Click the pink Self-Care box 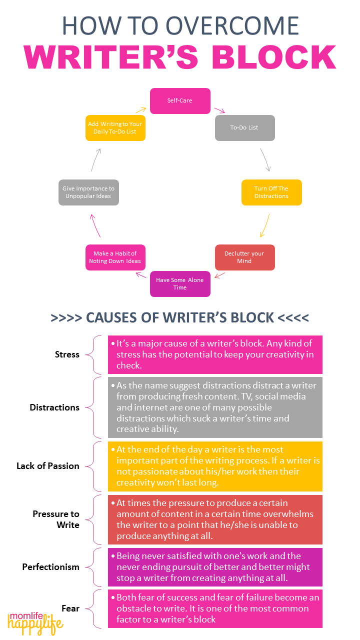[180, 100]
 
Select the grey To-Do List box [244, 127]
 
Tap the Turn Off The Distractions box [271, 192]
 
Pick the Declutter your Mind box [244, 257]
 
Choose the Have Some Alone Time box [180, 284]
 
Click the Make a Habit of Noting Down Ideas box [115, 257]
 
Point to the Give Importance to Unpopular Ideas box [88, 192]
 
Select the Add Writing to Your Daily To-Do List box [115, 127]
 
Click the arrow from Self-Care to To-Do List [219, 109]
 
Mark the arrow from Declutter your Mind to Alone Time [219, 275]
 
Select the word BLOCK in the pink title [273, 57]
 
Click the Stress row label [67, 354]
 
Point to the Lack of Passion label [48, 466]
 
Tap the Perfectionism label [50, 567]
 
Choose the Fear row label [70, 608]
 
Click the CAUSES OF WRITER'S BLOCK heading [180, 317]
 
